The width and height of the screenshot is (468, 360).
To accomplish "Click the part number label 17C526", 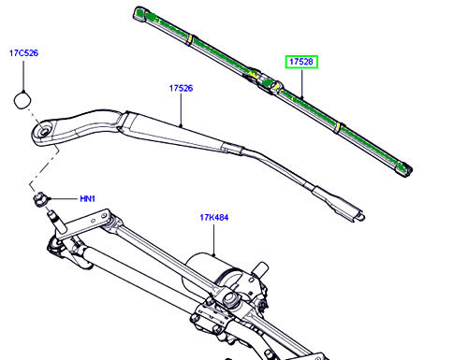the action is [23, 53].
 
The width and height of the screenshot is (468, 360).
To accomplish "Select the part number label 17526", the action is [181, 88].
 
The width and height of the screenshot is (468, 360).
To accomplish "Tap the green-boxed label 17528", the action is [301, 62].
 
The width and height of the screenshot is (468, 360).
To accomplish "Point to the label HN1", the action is [88, 199].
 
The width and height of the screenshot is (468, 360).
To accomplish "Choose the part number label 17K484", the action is [214, 217].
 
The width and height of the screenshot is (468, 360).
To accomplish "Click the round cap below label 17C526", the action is [22, 100].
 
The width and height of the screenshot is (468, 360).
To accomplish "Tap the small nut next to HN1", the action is [39, 199].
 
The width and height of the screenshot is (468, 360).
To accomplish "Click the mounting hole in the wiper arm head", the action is [44, 131].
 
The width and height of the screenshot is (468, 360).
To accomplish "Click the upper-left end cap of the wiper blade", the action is [140, 14].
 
